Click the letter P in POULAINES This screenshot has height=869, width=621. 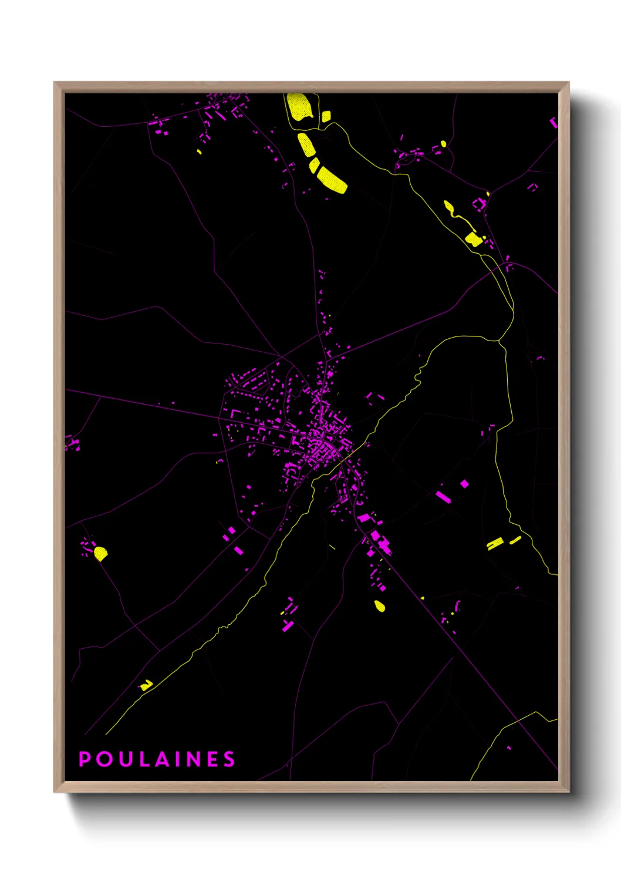(x=85, y=759)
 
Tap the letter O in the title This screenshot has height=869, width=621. (x=104, y=759)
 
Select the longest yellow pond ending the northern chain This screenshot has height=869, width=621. (x=332, y=180)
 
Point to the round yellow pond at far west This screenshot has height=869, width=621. (x=100, y=553)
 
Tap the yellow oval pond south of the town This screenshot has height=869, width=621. (x=380, y=606)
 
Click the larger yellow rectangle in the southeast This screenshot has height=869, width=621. (x=495, y=543)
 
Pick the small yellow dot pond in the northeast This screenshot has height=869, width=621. (x=443, y=143)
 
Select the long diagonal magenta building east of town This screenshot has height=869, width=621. (x=443, y=497)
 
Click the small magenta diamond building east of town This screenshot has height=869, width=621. (x=464, y=484)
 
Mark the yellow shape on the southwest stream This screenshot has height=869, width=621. (x=146, y=685)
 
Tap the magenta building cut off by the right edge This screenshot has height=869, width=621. (x=553, y=122)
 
